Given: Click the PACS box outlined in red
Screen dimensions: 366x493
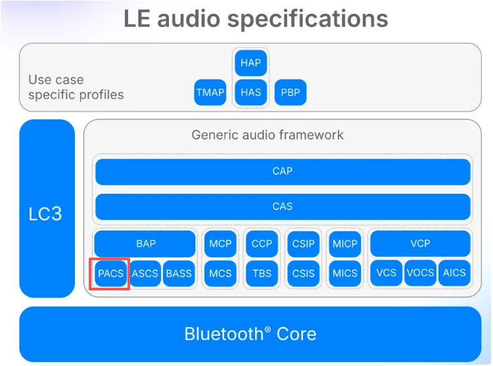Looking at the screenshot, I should tap(110, 273).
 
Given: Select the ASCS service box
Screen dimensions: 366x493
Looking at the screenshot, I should tap(145, 273).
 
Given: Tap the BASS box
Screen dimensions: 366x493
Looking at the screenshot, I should tap(179, 273).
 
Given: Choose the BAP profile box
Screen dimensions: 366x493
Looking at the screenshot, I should tap(145, 244).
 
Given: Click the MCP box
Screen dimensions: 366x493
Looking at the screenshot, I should tap(220, 244).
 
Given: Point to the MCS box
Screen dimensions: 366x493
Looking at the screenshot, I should tap(220, 273).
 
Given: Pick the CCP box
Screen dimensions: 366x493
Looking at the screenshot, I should tap(262, 244).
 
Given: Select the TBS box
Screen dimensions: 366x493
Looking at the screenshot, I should tap(262, 273).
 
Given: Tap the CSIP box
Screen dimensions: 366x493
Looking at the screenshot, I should tap(303, 244).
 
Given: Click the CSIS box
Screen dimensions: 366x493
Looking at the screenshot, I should tap(303, 273).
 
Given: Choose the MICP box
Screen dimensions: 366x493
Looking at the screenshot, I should tap(344, 244).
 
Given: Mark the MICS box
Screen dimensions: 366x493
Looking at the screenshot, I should tap(344, 273).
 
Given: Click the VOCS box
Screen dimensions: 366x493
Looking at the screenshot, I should tap(420, 273).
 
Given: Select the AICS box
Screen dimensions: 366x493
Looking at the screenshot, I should tap(454, 273).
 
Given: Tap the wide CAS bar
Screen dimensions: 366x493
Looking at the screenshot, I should tap(283, 206).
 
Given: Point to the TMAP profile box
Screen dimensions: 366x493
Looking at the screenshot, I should tap(210, 93).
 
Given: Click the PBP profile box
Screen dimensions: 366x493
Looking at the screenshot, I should tap(290, 93).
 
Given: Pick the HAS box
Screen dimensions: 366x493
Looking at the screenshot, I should tap(250, 93).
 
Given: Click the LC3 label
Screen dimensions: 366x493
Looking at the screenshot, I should tap(45, 214).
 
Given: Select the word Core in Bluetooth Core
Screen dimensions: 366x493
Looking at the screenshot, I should tap(296, 334).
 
